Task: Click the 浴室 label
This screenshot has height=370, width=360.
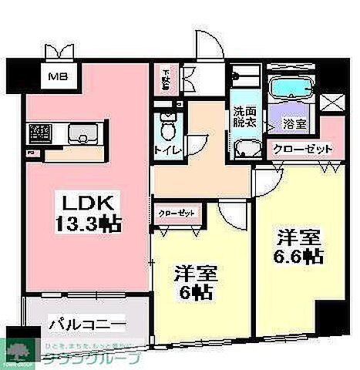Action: [x=293, y=123]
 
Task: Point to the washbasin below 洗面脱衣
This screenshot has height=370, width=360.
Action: [x=245, y=150]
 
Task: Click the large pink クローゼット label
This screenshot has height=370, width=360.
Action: [x=301, y=149]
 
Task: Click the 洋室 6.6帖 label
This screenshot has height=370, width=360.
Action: [x=295, y=247]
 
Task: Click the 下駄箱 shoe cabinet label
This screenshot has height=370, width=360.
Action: [x=167, y=79]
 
